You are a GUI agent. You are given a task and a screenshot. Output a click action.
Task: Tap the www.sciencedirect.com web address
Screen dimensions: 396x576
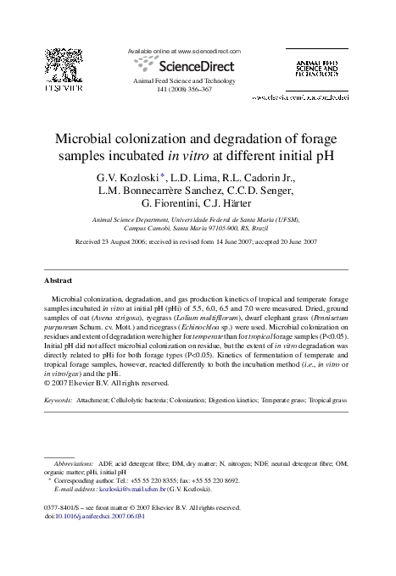click(204, 51)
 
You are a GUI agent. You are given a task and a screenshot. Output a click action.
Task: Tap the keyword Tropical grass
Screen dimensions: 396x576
click(328, 397)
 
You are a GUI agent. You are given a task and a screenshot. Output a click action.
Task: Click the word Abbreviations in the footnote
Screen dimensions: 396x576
click(74, 465)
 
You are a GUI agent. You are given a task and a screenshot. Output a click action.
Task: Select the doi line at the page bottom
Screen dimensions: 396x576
click(93, 516)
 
